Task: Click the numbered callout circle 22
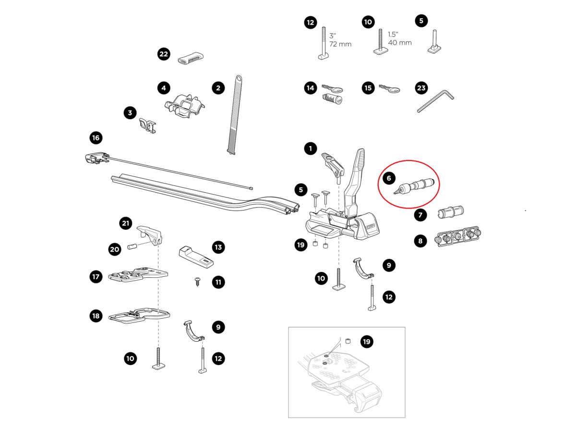[164, 54]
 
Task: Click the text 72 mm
[340, 44]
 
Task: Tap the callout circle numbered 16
[96, 138]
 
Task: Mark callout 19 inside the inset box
[367, 342]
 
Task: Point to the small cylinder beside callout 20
[132, 247]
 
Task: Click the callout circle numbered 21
[126, 223]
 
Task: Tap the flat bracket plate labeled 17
[138, 275]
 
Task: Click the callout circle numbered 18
[96, 316]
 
